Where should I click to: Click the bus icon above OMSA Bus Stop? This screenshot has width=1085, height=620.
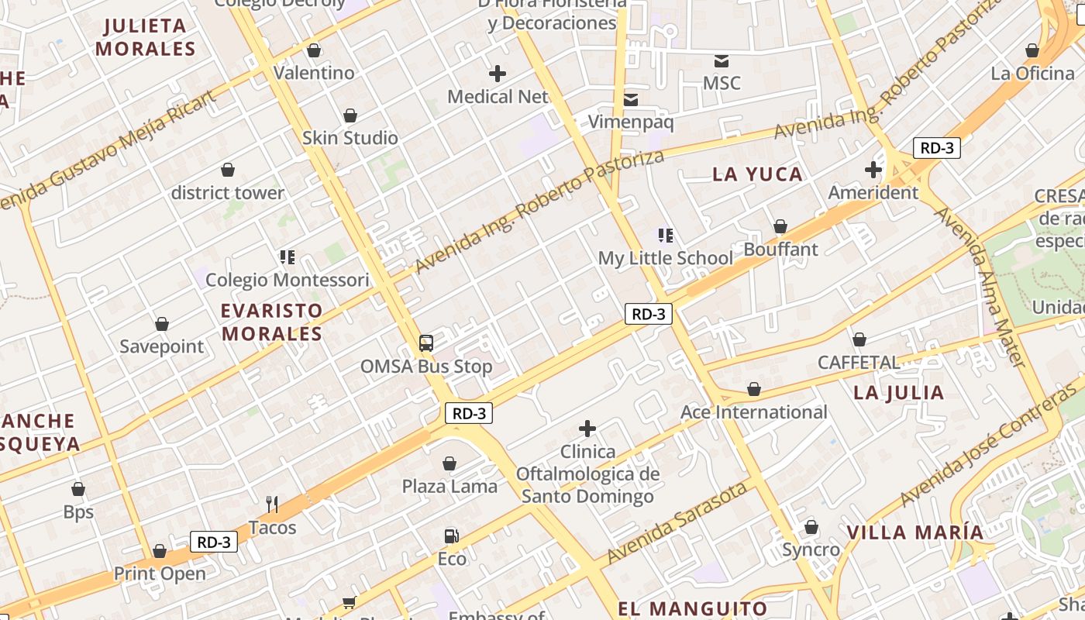pyautogui.click(x=425, y=343)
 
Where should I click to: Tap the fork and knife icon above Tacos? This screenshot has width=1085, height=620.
pyautogui.click(x=272, y=505)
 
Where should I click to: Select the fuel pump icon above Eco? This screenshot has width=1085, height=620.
pyautogui.click(x=451, y=536)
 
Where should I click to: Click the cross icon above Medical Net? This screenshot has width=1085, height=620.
pyautogui.click(x=498, y=74)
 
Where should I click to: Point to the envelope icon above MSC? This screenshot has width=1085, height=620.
pyautogui.click(x=722, y=60)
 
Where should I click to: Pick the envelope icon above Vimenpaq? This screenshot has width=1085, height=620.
pyautogui.click(x=631, y=99)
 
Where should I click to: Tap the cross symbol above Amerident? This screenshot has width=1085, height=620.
pyautogui.click(x=873, y=170)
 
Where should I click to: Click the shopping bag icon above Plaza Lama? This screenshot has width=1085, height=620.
pyautogui.click(x=449, y=463)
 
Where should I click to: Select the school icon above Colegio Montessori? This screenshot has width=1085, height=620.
pyautogui.click(x=288, y=257)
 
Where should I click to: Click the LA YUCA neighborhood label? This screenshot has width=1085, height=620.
pyautogui.click(x=758, y=174)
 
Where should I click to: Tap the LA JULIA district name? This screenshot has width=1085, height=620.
pyautogui.click(x=899, y=393)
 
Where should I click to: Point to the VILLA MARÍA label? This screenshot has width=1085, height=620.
pyautogui.click(x=915, y=532)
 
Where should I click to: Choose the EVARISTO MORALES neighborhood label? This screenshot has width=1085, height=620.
pyautogui.click(x=271, y=322)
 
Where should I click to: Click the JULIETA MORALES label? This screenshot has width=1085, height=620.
pyautogui.click(x=146, y=37)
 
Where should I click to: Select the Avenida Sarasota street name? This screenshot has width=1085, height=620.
pyautogui.click(x=677, y=523)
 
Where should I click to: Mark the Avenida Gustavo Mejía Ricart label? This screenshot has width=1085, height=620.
pyautogui.click(x=108, y=151)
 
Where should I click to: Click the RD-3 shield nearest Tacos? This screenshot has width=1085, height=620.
pyautogui.click(x=214, y=542)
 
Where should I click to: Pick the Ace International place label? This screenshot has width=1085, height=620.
pyautogui.click(x=754, y=412)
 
